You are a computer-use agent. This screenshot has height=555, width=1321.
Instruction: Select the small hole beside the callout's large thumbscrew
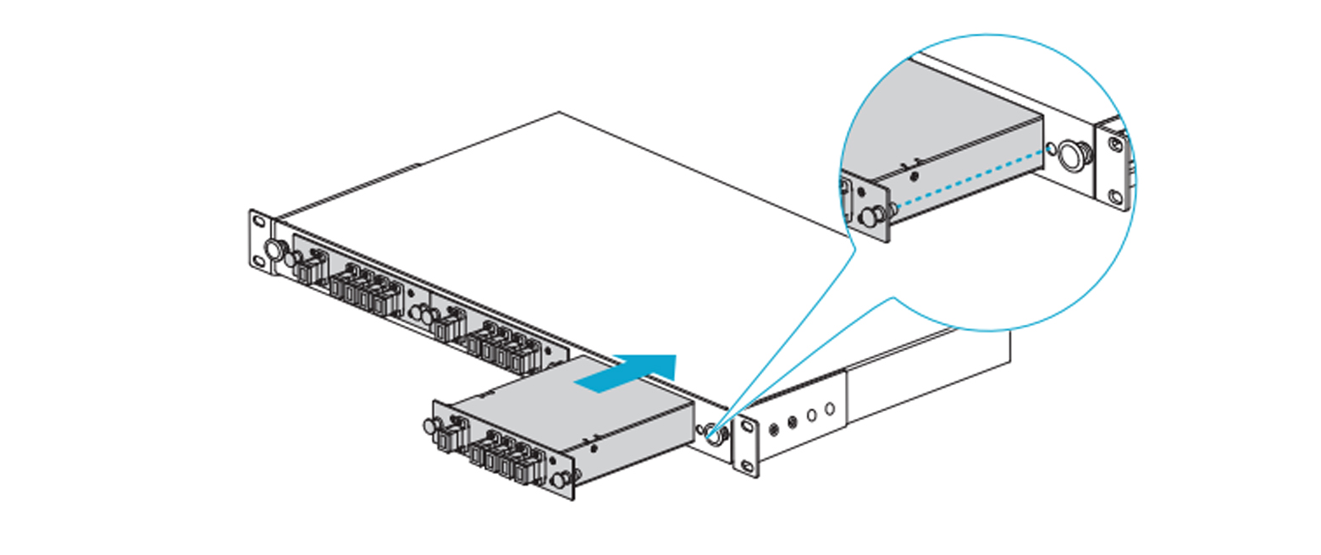tap(1052, 149)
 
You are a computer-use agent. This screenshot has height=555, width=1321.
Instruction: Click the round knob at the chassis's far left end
tap(274, 250)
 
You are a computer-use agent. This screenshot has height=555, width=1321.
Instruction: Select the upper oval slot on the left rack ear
tap(258, 222)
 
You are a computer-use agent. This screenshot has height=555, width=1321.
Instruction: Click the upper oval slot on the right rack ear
tap(747, 426)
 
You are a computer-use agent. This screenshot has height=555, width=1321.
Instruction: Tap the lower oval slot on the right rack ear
tap(747, 466)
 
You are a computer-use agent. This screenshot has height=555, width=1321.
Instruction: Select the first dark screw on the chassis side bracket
tap(773, 428)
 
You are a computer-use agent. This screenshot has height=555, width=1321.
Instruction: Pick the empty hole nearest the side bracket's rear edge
tap(830, 409)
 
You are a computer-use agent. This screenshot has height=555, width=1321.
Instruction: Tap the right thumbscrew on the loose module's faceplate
tap(559, 481)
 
